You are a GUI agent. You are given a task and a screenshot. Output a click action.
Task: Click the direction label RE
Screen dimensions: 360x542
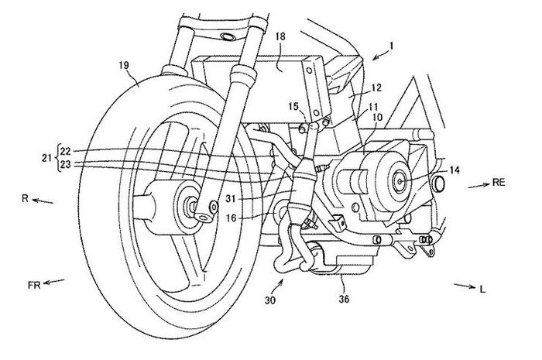pyautogui.click(x=502, y=183)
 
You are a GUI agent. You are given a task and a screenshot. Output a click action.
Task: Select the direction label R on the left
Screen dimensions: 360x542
pyautogui.click(x=26, y=199)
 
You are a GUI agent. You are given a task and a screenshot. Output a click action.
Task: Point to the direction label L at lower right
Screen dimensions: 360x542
pyautogui.click(x=482, y=290)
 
